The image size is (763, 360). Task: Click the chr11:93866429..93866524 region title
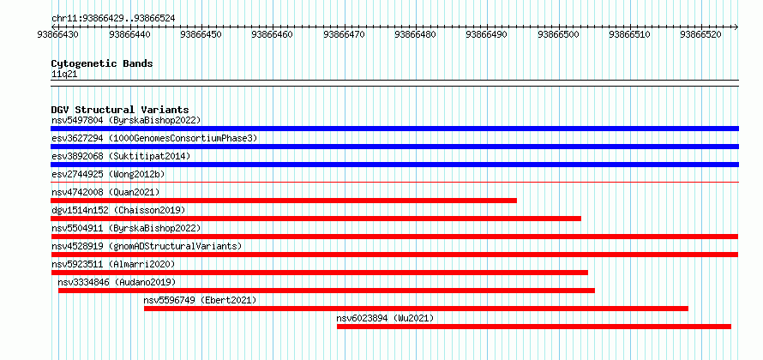[x=113, y=19]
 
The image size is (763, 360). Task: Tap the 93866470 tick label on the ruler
[x=344, y=34]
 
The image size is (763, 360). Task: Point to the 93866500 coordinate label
[x=559, y=34]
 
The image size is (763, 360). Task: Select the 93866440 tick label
[x=130, y=34]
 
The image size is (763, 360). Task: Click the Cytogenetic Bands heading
[x=102, y=63]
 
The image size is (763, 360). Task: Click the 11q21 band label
[x=64, y=75]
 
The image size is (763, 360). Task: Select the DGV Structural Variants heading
[x=120, y=110]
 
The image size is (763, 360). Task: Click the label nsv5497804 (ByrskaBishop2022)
[x=126, y=120]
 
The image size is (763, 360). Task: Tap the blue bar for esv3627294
[x=394, y=147]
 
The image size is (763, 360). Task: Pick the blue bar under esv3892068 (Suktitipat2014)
[x=394, y=165]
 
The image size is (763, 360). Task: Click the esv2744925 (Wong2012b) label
[x=108, y=174]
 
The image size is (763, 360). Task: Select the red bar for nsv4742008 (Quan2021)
[x=284, y=201]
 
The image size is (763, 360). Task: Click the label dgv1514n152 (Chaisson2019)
[x=118, y=210]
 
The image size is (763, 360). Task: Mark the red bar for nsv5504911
[x=394, y=237]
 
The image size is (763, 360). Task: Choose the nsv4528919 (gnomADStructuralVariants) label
[x=147, y=246]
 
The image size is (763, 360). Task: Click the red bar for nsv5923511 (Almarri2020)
[x=319, y=273]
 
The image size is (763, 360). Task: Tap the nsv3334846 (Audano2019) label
[x=117, y=282]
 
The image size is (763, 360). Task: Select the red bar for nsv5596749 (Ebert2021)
[x=416, y=309]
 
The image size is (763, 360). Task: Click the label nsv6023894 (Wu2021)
[x=385, y=318]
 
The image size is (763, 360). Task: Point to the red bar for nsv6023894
[x=534, y=327]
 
